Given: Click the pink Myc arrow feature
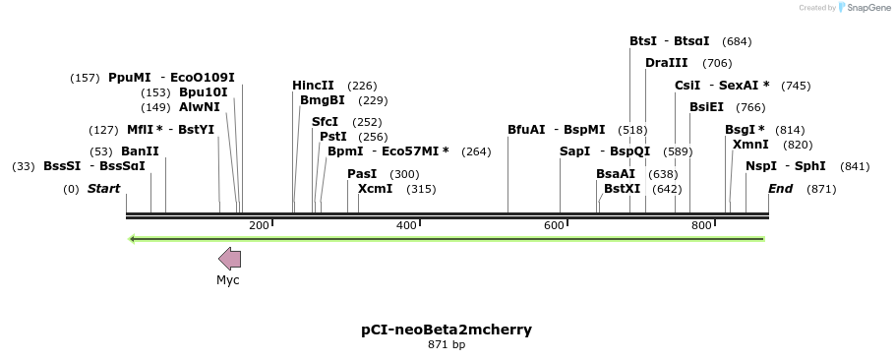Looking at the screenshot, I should click(229, 259).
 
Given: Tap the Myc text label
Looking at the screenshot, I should click(228, 280).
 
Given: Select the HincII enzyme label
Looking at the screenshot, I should click(313, 86).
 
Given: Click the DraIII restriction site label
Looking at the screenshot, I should click(666, 63).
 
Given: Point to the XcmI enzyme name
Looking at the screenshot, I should click(375, 189).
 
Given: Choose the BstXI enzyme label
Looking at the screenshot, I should click(622, 189).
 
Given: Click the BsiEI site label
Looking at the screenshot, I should click(706, 107).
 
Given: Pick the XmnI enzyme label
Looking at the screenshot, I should click(750, 145).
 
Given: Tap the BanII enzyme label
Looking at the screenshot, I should click(140, 151).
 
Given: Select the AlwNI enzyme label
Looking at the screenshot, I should click(200, 107).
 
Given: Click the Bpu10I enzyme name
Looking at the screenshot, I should click(203, 92).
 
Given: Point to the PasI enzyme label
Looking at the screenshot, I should click(362, 174).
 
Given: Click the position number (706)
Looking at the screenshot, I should click(716, 63).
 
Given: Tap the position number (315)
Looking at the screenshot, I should click(421, 189).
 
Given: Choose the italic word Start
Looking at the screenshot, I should click(103, 189).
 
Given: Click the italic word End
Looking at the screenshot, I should click(780, 189).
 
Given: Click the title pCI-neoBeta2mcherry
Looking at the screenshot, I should click(447, 330).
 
